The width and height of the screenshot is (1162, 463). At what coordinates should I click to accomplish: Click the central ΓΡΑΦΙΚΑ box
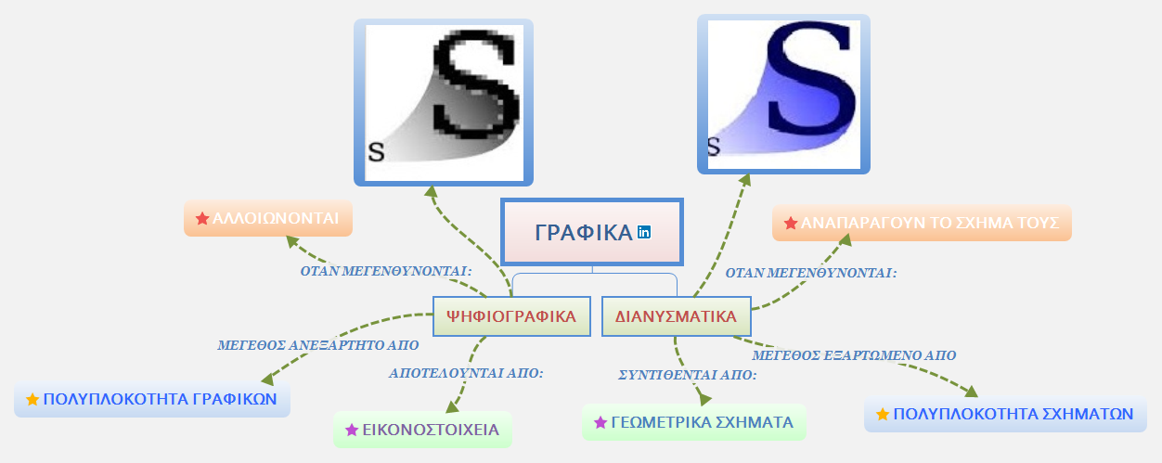pos(592,232)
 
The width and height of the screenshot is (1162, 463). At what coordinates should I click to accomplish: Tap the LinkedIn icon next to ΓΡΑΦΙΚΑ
pos(644,232)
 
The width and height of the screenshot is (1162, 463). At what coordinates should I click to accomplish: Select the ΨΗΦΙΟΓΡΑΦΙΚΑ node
pos(511,316)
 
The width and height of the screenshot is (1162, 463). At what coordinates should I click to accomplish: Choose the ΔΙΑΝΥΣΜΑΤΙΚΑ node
pos(676,316)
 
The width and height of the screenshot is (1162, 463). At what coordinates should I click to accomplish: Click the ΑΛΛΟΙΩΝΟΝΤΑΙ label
pos(268,218)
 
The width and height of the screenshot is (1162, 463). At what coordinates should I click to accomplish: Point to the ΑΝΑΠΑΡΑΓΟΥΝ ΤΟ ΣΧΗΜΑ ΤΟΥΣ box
pos(922,223)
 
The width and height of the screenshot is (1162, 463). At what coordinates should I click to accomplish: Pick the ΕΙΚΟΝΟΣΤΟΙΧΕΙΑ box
pos(422,430)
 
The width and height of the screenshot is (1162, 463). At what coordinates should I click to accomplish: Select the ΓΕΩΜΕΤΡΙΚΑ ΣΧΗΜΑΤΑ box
pos(693,422)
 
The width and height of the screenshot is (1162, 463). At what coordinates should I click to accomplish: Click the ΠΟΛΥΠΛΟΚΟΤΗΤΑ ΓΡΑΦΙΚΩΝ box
pos(152,399)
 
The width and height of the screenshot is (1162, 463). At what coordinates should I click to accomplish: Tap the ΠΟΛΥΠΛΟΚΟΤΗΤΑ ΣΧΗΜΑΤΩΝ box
pos(1005,414)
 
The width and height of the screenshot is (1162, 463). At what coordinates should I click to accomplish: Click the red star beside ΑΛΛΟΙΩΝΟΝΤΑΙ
pos(201,219)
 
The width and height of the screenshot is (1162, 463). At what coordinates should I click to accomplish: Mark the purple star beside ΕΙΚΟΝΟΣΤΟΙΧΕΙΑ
pos(351,430)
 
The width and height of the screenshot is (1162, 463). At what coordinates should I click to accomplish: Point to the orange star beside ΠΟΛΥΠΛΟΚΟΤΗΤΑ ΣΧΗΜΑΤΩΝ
pos(883,414)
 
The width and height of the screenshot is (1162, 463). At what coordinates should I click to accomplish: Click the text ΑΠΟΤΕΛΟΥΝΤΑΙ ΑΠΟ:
pos(466,373)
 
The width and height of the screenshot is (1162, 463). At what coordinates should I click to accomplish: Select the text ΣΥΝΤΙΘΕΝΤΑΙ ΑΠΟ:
pos(688,375)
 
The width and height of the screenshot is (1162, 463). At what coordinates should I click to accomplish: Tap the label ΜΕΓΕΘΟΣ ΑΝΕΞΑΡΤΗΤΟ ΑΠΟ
pos(318,345)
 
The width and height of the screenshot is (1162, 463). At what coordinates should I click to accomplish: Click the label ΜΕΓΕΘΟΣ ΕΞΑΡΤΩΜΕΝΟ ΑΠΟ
pos(854,355)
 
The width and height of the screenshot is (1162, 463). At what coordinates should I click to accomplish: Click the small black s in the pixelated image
pos(376,152)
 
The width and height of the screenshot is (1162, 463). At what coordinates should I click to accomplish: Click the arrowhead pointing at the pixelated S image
pos(431,191)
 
